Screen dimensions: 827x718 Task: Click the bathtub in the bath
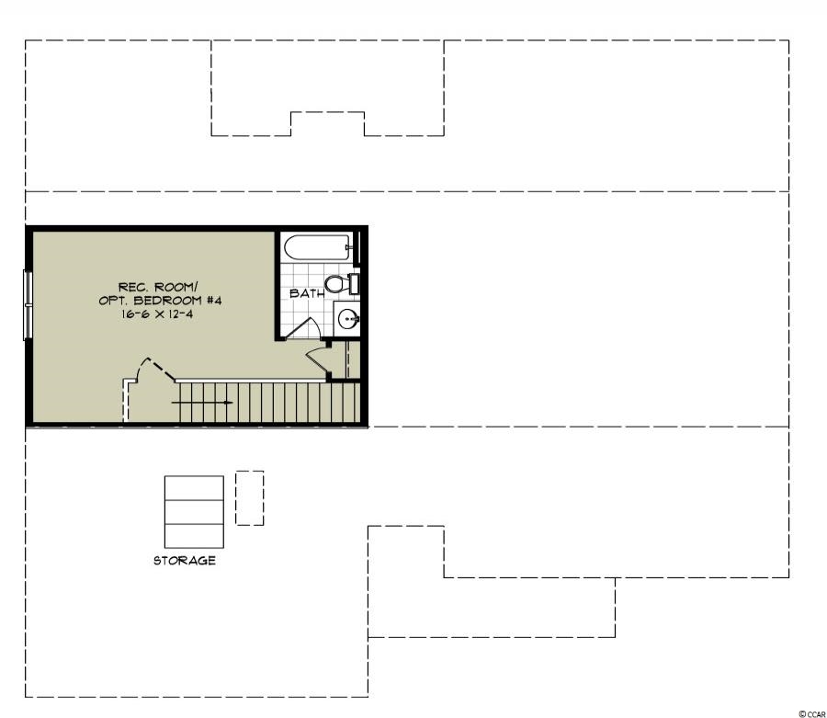pos(317,247)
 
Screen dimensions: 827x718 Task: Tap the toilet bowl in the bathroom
pos(334,284)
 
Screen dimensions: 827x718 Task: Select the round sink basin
pos(347,318)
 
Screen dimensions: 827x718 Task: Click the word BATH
pos(306,293)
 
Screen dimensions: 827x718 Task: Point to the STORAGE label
pos(185,560)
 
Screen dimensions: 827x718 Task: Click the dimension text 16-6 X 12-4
pos(160,314)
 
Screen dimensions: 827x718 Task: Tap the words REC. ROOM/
pos(158,288)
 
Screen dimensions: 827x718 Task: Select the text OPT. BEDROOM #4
pos(160,301)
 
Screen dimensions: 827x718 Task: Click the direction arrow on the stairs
pos(202,403)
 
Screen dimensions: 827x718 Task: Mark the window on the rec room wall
pos(28,305)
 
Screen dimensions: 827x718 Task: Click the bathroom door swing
pos(306,328)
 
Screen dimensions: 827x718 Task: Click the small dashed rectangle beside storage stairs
pos(249,498)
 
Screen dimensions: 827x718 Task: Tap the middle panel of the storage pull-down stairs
pos(194,512)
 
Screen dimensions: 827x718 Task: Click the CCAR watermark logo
pos(812,713)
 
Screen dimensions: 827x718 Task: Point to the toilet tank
pos(354,284)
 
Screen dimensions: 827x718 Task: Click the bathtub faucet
pos(347,247)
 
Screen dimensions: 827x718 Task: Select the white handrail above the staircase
pos(250,381)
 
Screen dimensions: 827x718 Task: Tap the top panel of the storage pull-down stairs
pos(194,488)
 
